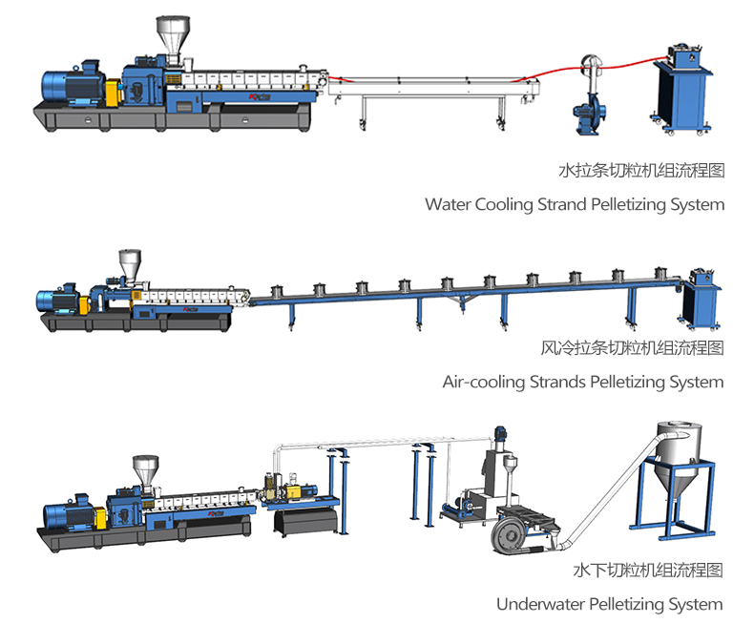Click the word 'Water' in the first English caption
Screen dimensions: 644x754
pyautogui.click(x=448, y=204)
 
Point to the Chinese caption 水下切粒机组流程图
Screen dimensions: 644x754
pyautogui.click(x=647, y=571)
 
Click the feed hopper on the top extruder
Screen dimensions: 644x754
pyautogui.click(x=171, y=38)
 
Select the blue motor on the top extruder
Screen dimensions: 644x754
pyautogui.click(x=73, y=85)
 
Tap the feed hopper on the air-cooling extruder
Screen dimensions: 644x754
pyautogui.click(x=129, y=264)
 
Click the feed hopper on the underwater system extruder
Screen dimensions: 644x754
pyautogui.click(x=144, y=469)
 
